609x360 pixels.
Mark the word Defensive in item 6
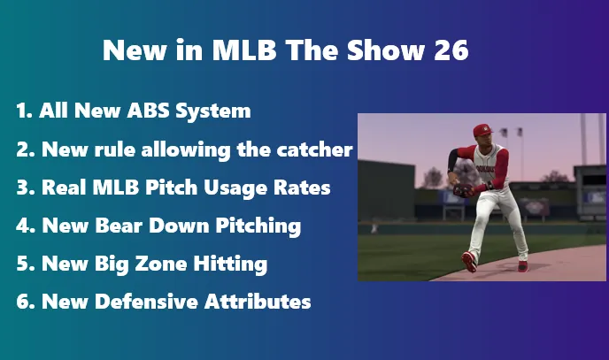coord(148,302)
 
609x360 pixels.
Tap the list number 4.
coord(22,226)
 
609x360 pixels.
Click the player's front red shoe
coord(469,262)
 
